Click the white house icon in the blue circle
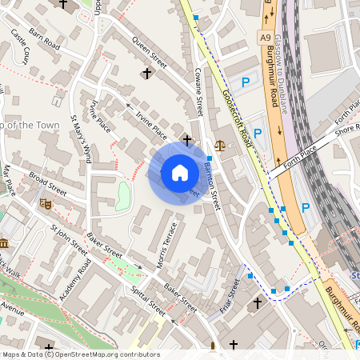[180, 173]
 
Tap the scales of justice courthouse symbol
[220, 146]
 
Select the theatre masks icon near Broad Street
[46, 204]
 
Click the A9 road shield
[265, 37]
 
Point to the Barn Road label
[45, 41]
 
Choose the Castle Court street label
[20, 49]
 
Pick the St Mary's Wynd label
[82, 134]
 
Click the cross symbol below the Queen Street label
[146, 73]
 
